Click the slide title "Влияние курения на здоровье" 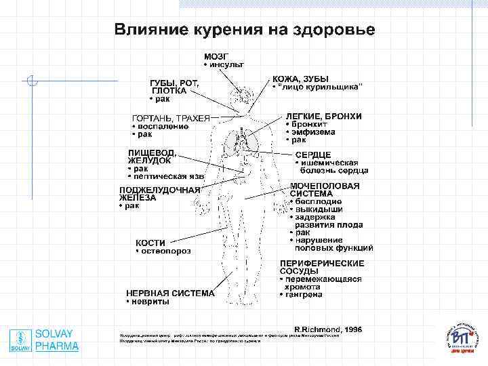point(244,30)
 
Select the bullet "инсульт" point(227,64)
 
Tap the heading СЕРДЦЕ point(312,155)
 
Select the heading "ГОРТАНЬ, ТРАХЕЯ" point(170,117)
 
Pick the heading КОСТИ point(150,242)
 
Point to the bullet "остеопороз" point(165,251)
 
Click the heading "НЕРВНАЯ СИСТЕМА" point(170,293)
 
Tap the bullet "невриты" point(150,302)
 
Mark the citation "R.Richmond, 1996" point(327,329)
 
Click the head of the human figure point(242,97)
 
